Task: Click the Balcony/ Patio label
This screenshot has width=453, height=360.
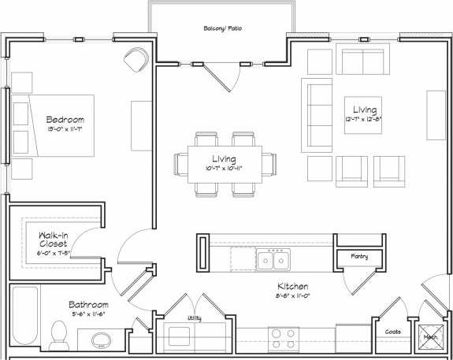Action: pos(223,28)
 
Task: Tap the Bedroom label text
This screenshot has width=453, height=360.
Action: pos(65,120)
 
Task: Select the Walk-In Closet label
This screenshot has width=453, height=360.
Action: pos(53,239)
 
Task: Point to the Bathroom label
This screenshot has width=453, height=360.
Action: pos(88,305)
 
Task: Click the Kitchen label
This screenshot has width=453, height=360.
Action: pos(291,286)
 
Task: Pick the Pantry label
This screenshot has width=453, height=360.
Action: pos(359,257)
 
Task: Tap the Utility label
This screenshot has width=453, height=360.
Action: pos(193,317)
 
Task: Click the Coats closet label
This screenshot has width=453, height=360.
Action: pos(392,332)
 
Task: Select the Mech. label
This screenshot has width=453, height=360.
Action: pos(431,336)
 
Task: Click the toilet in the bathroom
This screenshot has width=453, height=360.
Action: pos(58,336)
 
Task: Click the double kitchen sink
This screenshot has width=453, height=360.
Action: pos(275,259)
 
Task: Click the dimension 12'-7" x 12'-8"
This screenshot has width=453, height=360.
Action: pos(365,120)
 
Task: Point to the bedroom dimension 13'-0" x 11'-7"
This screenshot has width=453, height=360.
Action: pos(65,130)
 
